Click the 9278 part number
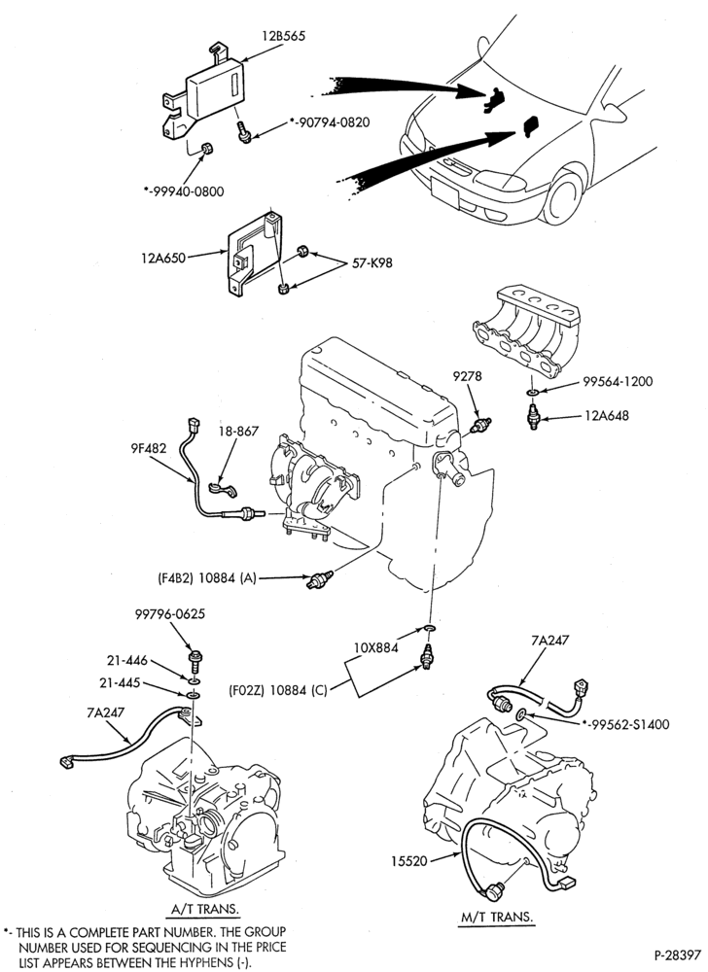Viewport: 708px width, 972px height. coord(467,375)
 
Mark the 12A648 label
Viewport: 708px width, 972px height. coord(606,415)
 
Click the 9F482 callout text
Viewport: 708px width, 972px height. coord(148,447)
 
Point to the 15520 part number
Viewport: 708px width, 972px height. coord(409,860)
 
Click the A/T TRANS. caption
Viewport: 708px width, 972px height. coord(205,910)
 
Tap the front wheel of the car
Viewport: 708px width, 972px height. coord(566,194)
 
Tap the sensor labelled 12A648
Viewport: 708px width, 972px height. coord(533,415)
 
